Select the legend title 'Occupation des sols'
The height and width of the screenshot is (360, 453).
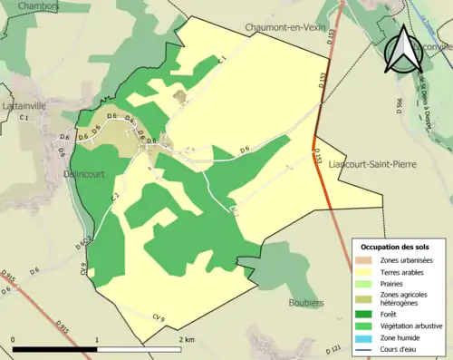396,247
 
